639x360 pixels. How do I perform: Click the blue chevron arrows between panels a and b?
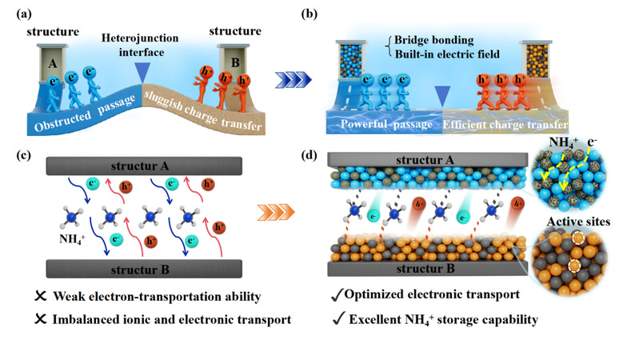click(291, 78)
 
